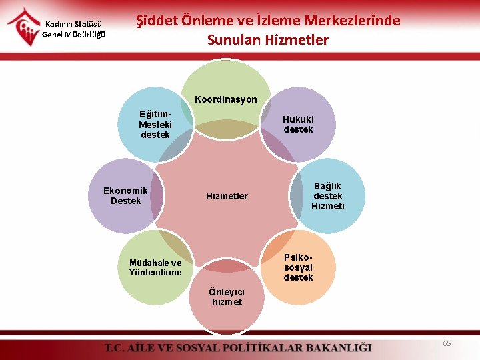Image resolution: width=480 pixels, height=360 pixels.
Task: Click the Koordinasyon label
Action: pyautogui.click(x=225, y=99)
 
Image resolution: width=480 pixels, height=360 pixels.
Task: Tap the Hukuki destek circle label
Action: pyautogui.click(x=297, y=124)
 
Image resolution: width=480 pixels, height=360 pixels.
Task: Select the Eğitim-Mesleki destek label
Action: pyautogui.click(x=155, y=125)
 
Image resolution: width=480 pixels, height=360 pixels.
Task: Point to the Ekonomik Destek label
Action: pyautogui.click(x=125, y=195)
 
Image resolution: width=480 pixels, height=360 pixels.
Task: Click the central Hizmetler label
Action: pyautogui.click(x=227, y=196)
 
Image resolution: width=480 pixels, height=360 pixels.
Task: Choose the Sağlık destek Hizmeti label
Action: pyautogui.click(x=327, y=196)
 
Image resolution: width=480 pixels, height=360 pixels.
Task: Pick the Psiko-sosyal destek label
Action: pyautogui.click(x=297, y=267)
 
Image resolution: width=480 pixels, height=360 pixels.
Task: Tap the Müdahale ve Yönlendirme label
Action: pyautogui.click(x=155, y=267)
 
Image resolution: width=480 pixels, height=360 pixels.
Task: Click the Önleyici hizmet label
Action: pyautogui.click(x=227, y=297)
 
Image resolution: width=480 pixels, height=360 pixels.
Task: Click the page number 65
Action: pyautogui.click(x=447, y=343)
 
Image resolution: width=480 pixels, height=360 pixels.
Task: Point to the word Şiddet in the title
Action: pyautogui.click(x=156, y=21)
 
